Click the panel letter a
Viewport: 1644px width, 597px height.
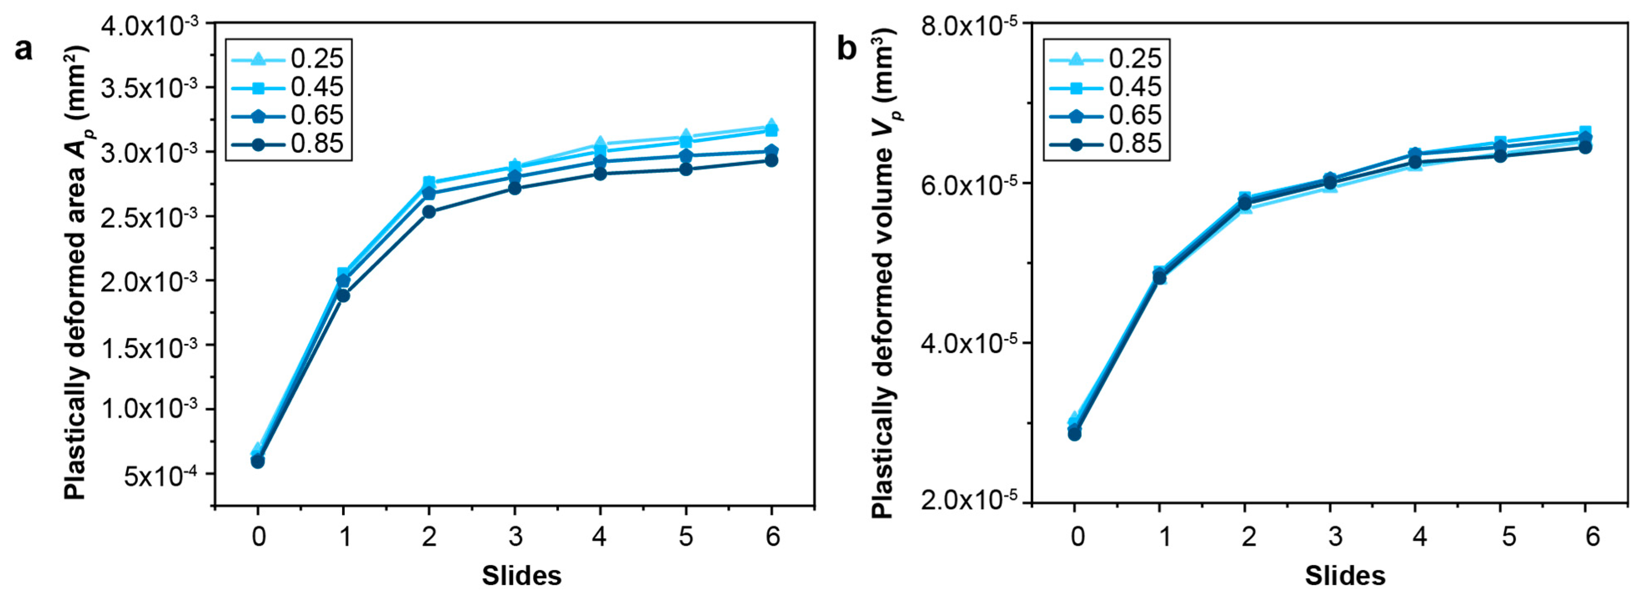point(24,48)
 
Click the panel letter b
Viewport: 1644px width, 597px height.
point(847,48)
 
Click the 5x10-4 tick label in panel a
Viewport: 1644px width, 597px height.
point(160,476)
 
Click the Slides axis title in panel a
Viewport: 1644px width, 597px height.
point(521,576)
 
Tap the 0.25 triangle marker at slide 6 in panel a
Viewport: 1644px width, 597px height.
point(771,125)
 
